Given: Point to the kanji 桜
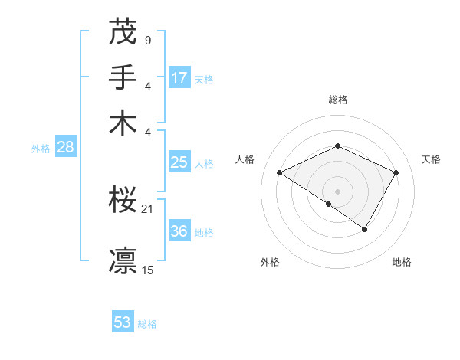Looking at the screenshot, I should click(x=123, y=201).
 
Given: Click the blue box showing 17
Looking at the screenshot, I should click(x=179, y=77).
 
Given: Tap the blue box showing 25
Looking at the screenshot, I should click(x=179, y=162).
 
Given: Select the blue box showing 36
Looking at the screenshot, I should click(x=179, y=231).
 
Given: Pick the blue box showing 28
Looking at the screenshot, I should click(x=66, y=147).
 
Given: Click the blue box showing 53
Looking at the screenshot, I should click(x=123, y=322).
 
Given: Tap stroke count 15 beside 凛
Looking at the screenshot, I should click(x=148, y=270).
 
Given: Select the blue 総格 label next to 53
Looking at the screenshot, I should click(x=147, y=324).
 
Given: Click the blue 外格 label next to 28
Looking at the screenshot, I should click(x=41, y=149).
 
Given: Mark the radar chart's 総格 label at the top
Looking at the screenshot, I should click(x=337, y=100).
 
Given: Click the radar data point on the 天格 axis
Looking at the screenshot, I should click(x=396, y=173).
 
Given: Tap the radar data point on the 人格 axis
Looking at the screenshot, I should click(x=280, y=173).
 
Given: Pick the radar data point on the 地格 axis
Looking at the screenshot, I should click(x=365, y=229).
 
